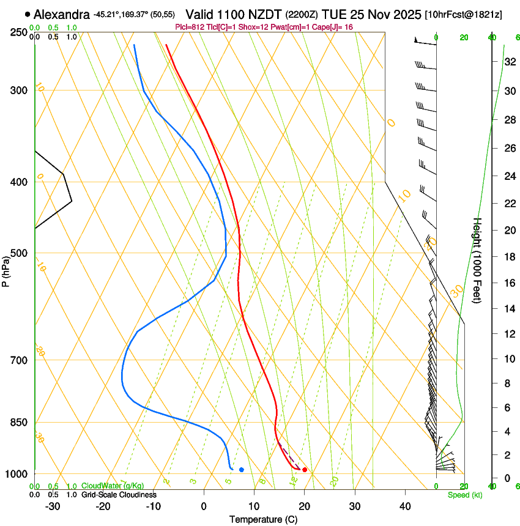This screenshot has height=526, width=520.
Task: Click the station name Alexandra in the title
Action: [x=62, y=14]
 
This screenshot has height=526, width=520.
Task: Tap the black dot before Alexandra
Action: [x=28, y=14]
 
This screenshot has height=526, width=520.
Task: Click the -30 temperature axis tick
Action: [x=53, y=506]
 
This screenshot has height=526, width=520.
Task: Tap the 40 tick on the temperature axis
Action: [x=405, y=506]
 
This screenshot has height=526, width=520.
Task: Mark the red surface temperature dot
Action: [x=305, y=470]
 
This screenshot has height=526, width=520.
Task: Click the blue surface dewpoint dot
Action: [x=242, y=470]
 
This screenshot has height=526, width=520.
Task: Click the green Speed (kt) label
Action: [x=464, y=495]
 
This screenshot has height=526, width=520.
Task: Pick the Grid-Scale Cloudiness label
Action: [x=119, y=495]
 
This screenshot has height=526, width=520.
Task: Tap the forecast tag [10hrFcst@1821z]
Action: [x=463, y=14]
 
